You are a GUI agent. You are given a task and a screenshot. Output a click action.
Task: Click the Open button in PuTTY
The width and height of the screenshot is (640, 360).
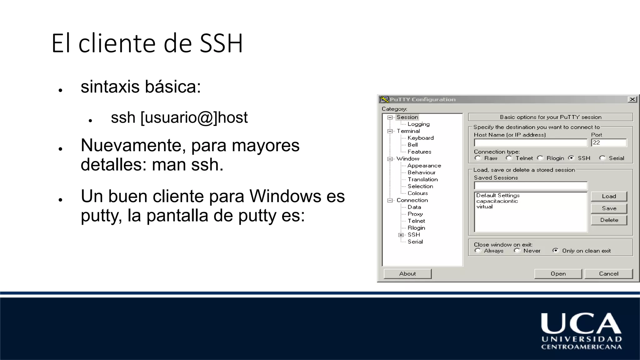click(x=558, y=274)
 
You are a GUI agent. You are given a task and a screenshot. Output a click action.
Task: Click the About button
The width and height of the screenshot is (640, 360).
click(x=407, y=274)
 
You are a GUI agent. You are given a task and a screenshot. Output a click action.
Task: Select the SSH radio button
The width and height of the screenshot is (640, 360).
click(x=571, y=158)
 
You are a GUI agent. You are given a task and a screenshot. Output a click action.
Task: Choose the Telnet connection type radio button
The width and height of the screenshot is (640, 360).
click(x=509, y=158)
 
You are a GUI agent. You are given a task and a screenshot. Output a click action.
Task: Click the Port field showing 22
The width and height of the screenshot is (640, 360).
click(x=609, y=143)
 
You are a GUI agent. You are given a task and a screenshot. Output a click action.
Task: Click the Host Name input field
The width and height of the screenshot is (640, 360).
click(x=530, y=143)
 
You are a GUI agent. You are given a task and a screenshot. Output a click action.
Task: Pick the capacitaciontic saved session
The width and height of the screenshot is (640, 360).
click(x=497, y=201)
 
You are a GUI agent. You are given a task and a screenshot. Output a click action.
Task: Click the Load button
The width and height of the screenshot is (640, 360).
click(x=609, y=196)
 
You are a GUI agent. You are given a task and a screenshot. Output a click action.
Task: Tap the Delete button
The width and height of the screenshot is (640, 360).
click(x=609, y=220)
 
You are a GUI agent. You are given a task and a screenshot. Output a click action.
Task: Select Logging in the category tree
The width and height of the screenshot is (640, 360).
click(x=418, y=124)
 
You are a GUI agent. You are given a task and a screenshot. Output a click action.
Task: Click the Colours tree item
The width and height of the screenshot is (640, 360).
click(x=417, y=193)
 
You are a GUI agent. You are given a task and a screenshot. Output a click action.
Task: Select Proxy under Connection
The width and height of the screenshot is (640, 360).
click(x=415, y=214)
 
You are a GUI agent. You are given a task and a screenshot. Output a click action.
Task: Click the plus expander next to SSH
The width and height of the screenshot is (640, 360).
click(x=401, y=235)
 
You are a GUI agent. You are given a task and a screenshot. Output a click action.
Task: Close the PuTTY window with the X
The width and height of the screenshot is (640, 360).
click(x=632, y=99)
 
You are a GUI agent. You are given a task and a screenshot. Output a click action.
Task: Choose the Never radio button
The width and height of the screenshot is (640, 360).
click(x=517, y=251)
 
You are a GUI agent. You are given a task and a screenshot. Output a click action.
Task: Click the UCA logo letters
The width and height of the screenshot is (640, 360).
click(x=581, y=324)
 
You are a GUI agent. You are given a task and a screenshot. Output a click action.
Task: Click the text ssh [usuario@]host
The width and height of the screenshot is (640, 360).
click(x=179, y=117)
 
